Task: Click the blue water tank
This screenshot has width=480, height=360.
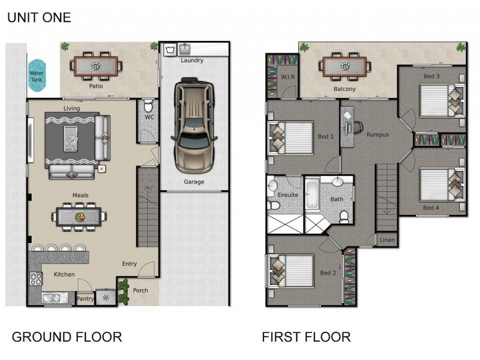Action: tap(37, 76)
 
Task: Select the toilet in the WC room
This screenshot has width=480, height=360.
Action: tap(148, 106)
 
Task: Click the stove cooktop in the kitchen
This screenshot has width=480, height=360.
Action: tap(36, 278)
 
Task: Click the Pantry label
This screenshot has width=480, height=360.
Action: tap(85, 298)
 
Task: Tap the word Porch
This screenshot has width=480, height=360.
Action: tap(140, 290)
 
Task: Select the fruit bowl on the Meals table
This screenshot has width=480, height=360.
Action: tap(80, 217)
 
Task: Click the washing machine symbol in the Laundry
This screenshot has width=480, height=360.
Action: tap(170, 50)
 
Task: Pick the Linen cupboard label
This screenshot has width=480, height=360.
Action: tap(387, 240)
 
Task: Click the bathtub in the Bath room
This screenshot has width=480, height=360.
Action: tap(312, 194)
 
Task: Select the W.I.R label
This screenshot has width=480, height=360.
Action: tap(288, 77)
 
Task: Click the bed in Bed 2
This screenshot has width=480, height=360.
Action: tap(291, 271)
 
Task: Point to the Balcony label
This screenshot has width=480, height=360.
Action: tap(344, 89)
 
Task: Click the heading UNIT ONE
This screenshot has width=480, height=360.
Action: tap(39, 17)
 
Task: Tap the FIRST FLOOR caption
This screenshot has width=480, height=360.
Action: tap(306, 337)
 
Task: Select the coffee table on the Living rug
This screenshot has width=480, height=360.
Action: tap(71, 139)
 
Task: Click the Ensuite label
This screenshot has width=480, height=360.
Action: tap(288, 194)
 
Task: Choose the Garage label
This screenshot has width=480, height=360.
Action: tap(194, 182)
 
